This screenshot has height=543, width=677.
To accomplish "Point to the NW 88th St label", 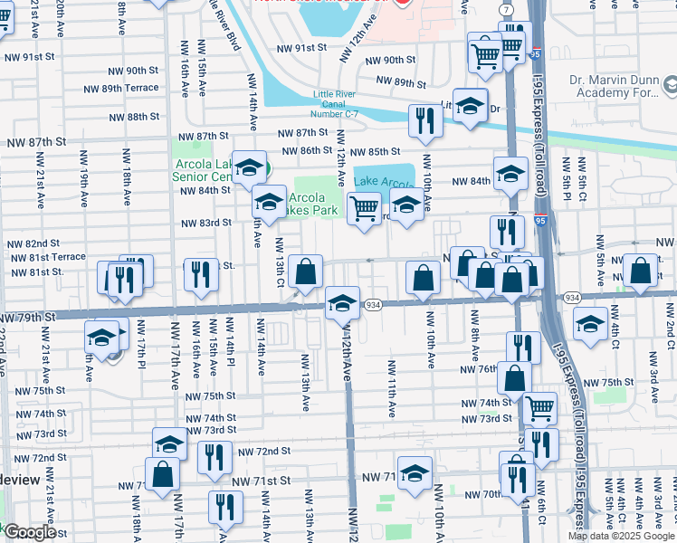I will pyautogui.click(x=130, y=118).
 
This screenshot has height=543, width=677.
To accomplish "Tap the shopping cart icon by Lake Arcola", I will pyautogui.click(x=364, y=207).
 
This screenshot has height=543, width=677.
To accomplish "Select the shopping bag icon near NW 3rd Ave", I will pyautogui.click(x=641, y=269).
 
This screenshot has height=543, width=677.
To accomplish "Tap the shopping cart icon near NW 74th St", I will pyautogui.click(x=540, y=407).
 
